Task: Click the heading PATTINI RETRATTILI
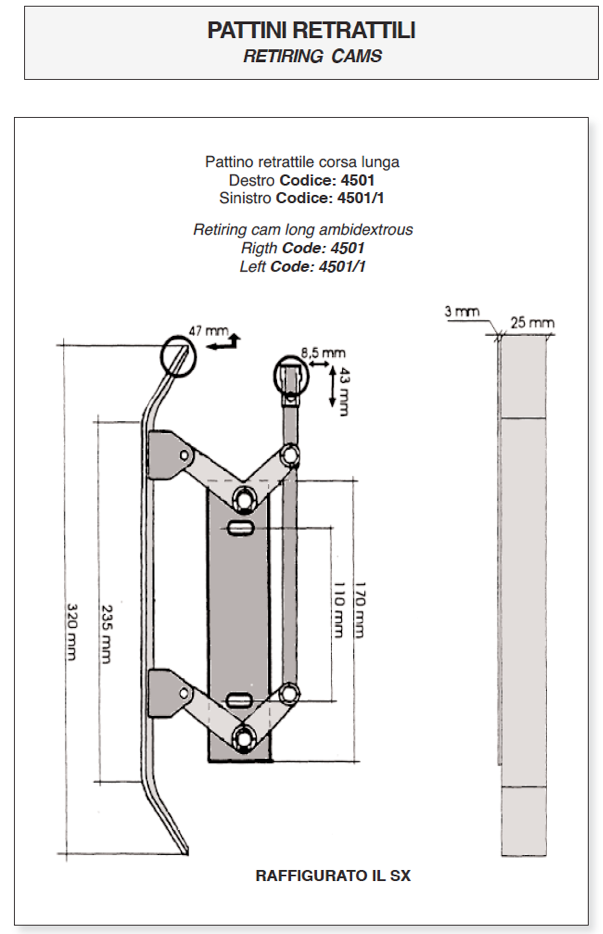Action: tap(312, 31)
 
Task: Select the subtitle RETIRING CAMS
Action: tap(312, 56)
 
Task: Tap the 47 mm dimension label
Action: tap(208, 329)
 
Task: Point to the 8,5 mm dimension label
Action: tap(322, 352)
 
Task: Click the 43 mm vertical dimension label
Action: tap(343, 387)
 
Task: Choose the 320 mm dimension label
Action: tap(71, 632)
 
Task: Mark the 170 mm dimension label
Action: tap(357, 611)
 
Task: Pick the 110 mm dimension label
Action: tap(337, 611)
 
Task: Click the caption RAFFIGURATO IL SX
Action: tap(333, 876)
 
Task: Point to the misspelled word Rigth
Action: tap(258, 248)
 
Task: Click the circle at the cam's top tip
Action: tap(176, 355)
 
